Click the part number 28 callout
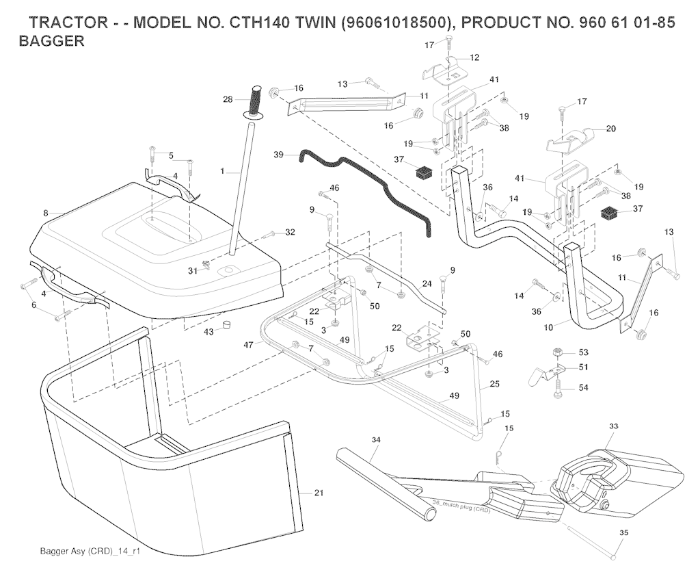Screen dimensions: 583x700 pyautogui.click(x=228, y=100)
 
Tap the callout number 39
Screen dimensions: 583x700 pyautogui.click(x=278, y=155)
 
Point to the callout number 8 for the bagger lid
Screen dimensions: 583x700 pyautogui.click(x=46, y=213)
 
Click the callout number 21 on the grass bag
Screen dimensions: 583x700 pyautogui.click(x=319, y=492)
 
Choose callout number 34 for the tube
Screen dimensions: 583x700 pyautogui.click(x=375, y=439)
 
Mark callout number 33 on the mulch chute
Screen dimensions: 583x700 pyautogui.click(x=613, y=426)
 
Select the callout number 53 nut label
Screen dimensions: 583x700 pyautogui.click(x=583, y=352)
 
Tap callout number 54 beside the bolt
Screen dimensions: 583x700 pyautogui.click(x=583, y=387)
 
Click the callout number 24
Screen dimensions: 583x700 pyautogui.click(x=427, y=283)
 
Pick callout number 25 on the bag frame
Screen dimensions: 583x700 pyautogui.click(x=494, y=385)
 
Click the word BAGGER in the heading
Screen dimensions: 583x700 pyautogui.click(x=52, y=41)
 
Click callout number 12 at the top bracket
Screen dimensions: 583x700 pyautogui.click(x=474, y=57)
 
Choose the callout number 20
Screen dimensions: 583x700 pyautogui.click(x=610, y=128)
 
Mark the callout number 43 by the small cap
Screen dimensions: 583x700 pyautogui.click(x=209, y=331)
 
